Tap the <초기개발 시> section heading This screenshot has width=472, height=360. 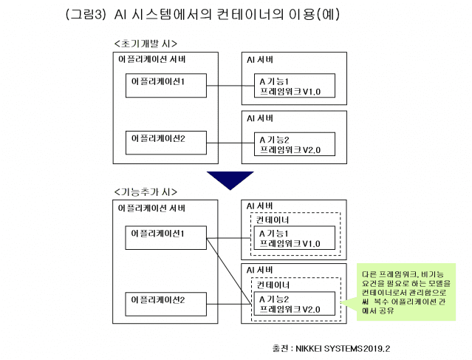[146, 44]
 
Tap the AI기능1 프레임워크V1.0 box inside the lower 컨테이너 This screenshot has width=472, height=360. [294, 238]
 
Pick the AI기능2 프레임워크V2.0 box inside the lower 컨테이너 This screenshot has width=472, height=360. [294, 303]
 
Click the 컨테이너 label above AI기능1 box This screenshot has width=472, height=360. [273, 220]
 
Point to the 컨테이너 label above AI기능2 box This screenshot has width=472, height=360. [273, 285]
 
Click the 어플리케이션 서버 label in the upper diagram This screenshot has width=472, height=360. [152, 58]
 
